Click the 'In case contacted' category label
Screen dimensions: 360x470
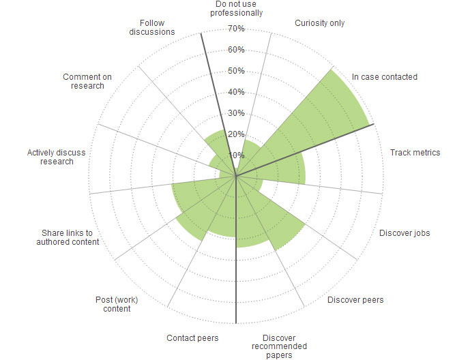tap(384, 77)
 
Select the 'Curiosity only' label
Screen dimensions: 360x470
tap(319, 23)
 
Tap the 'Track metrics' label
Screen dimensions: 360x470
tap(415, 152)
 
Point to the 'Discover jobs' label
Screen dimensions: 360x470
tap(405, 233)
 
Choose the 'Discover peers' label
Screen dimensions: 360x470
tap(355, 299)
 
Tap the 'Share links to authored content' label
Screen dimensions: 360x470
tap(67, 237)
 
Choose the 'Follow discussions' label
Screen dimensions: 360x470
tap(152, 27)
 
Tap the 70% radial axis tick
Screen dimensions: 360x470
tap(236, 29)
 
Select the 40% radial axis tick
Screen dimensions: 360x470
tap(236, 92)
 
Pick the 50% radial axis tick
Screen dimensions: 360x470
tap(236, 71)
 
